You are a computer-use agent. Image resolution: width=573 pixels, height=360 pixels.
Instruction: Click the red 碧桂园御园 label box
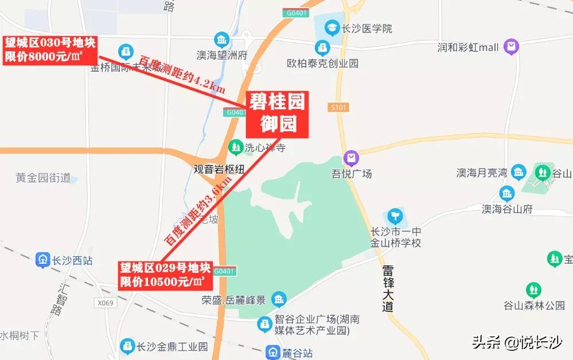(x=277, y=114)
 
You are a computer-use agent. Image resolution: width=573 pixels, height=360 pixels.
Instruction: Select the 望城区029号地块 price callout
(x=164, y=275)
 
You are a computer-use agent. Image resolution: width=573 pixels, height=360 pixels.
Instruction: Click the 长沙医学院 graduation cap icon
(x=332, y=28)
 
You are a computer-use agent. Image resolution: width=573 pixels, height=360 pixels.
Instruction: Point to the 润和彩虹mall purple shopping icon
(x=510, y=46)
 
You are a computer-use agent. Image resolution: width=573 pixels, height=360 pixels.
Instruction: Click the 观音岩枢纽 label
(x=219, y=169)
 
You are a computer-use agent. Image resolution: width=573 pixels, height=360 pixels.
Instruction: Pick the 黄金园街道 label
(x=43, y=178)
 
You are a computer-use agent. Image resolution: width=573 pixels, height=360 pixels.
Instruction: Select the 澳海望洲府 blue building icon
(x=221, y=40)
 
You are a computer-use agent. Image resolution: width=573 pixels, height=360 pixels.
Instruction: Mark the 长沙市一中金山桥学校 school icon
(x=395, y=217)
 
